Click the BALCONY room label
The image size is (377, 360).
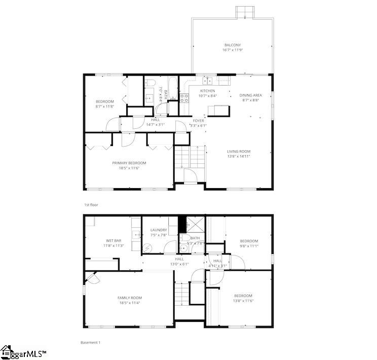[x=232, y=45]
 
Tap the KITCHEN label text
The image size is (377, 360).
[x=207, y=91]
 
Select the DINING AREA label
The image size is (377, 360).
[x=250, y=95]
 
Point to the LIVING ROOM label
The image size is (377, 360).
[x=238, y=152]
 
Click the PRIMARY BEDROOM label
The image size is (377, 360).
[x=129, y=163]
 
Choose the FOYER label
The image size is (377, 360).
[x=198, y=121]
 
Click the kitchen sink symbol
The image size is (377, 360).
[x=208, y=80]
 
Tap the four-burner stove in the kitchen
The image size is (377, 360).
[x=184, y=97]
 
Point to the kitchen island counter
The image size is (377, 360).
[x=221, y=110]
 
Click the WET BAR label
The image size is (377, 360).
[x=113, y=240]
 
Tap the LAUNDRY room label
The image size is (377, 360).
[x=159, y=230]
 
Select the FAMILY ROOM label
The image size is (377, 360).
[x=130, y=298]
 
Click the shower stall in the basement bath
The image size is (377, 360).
[x=194, y=224]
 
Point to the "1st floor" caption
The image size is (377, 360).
[x=91, y=205]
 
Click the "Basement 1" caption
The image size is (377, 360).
[x=91, y=342]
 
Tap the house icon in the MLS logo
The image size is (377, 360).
[x=7, y=351]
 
